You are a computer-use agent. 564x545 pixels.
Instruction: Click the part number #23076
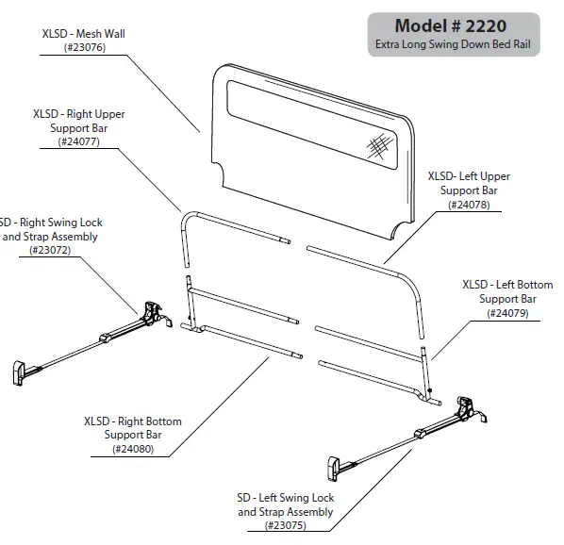click(x=84, y=47)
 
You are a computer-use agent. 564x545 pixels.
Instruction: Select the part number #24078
click(x=469, y=205)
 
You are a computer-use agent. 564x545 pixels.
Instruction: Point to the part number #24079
click(x=506, y=313)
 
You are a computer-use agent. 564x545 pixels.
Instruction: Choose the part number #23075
click(x=285, y=525)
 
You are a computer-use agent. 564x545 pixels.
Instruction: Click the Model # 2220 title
click(x=454, y=26)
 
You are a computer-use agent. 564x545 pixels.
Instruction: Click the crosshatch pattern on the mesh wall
click(x=379, y=146)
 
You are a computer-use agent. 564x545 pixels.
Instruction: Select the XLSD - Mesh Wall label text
click(x=84, y=33)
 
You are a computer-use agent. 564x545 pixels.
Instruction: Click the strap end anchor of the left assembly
click(x=336, y=466)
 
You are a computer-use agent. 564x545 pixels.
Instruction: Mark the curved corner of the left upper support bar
click(x=411, y=281)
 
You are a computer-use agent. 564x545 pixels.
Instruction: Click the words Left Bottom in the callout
click(x=521, y=285)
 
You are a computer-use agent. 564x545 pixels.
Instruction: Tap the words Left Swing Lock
click(x=294, y=498)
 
